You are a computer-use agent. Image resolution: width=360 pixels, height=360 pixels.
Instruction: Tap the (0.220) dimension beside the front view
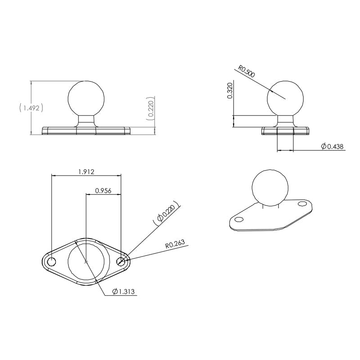point(151,109)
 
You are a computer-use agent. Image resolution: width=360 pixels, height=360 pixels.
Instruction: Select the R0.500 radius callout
point(246,72)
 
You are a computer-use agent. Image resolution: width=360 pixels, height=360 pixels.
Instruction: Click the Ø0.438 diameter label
point(332,146)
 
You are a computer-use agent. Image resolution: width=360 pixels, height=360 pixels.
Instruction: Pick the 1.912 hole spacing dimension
point(86,171)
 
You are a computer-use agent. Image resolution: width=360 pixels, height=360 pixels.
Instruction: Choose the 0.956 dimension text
point(103,190)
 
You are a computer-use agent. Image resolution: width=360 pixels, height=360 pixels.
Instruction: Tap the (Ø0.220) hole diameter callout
point(166,213)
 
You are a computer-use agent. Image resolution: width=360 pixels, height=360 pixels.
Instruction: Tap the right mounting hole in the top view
point(121,261)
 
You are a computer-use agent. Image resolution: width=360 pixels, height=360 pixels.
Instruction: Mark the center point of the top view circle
point(86,261)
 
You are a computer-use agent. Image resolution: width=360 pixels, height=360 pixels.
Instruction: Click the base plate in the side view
point(285,131)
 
